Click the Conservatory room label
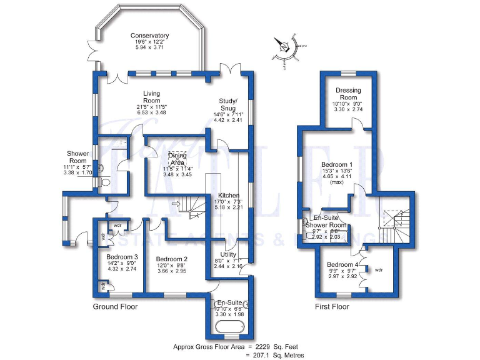149,35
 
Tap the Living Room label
152,97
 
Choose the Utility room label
228,254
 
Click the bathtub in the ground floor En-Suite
228,330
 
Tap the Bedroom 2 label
172,259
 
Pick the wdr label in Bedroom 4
378,270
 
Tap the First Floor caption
331,307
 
